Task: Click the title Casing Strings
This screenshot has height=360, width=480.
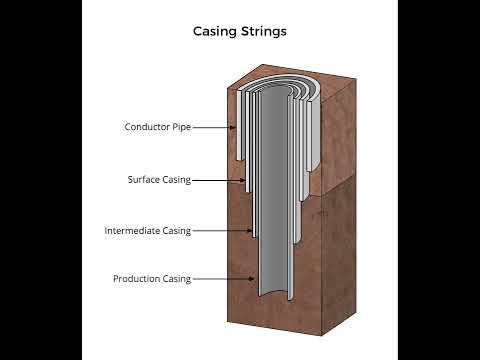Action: click(240, 31)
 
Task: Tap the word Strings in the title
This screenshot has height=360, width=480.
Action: click(263, 31)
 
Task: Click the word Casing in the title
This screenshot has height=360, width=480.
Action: click(215, 31)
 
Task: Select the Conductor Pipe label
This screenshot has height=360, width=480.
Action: click(157, 127)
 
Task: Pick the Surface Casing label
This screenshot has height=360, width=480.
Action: click(159, 180)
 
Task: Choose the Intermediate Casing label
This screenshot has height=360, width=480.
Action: click(147, 231)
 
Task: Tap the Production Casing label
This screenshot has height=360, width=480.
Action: click(151, 279)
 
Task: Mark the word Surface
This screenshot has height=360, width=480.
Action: click(144, 180)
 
